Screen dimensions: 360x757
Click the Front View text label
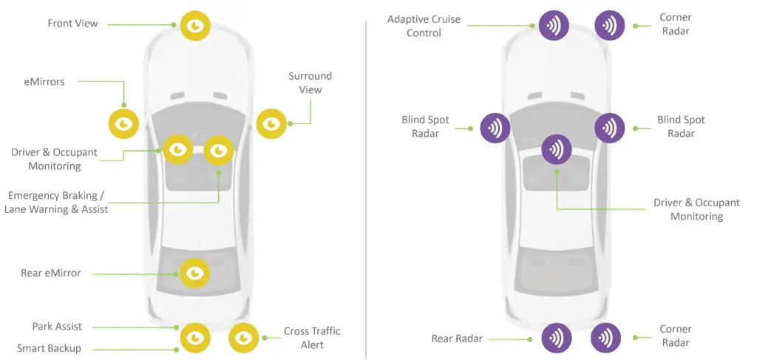72,24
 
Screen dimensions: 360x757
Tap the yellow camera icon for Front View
195,26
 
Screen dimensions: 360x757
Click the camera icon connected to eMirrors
123,123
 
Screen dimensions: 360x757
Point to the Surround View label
310,83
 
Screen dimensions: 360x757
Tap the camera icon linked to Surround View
271,123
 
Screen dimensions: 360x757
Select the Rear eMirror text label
50,274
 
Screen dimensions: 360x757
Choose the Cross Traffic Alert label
312,338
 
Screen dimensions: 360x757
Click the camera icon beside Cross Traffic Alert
244,338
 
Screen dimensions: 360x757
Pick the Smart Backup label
49,348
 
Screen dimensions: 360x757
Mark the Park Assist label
57,326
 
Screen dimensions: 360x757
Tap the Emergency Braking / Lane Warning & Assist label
56,203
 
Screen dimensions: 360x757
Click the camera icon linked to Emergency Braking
219,151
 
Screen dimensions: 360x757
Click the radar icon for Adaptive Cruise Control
554,25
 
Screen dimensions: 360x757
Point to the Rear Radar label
457,339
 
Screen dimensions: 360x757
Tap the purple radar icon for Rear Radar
556,338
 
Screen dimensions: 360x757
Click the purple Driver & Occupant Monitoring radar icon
557,149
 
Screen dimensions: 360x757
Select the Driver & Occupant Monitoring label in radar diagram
696,209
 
